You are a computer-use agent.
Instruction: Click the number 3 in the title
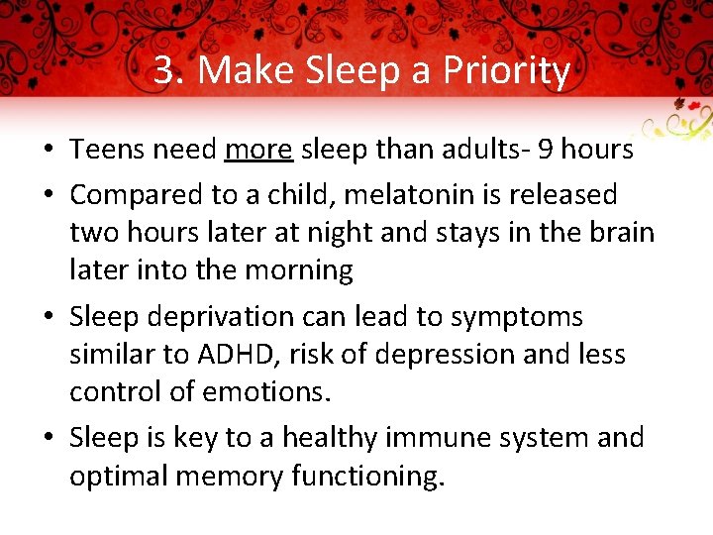click(164, 71)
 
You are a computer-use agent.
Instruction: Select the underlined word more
click(258, 150)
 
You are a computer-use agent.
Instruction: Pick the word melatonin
click(383, 194)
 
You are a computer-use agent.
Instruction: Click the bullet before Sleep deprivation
click(48, 318)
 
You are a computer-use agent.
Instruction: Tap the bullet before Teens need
click(48, 151)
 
